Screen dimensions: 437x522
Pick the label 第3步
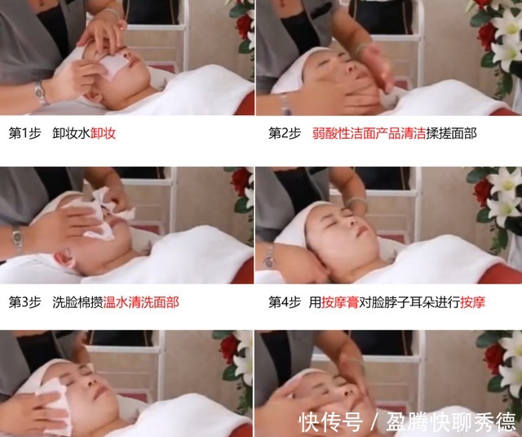[25, 301]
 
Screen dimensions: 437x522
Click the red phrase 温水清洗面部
[141, 301]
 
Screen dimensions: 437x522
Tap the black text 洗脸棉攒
[77, 301]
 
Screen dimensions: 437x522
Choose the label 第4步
[285, 301]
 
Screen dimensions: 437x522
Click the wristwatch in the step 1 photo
[39, 92]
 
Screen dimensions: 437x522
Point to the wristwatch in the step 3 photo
[17, 237]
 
